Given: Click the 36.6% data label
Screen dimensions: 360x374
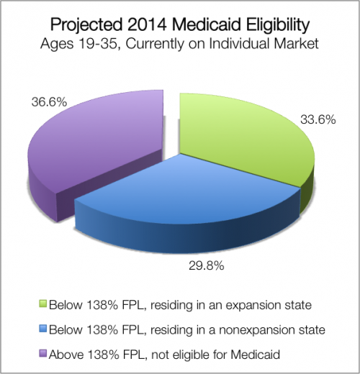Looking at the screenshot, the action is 49,102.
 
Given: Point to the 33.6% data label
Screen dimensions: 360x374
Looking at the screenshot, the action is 318,119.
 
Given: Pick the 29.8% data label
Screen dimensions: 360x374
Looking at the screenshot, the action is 207,265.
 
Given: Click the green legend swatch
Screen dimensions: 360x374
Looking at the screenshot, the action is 43,305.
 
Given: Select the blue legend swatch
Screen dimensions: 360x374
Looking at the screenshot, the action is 43,329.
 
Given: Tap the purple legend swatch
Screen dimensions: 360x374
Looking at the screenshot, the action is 43,355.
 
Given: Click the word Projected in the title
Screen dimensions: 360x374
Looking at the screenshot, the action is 86,25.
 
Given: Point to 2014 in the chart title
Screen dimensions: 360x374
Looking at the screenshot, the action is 147,24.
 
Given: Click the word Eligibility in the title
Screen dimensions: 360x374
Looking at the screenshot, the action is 275,25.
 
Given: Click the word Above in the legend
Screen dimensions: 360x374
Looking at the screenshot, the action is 66,354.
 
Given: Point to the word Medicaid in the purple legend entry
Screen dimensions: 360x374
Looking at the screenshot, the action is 256,354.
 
